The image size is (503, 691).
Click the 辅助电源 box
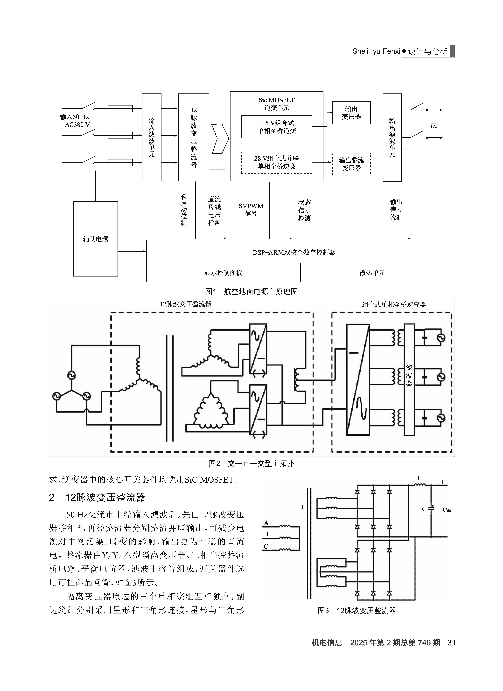coord(95,239)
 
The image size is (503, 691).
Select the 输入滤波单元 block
coord(152,137)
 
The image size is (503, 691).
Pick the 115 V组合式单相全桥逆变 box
coord(277,127)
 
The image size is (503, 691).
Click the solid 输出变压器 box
coord(351,113)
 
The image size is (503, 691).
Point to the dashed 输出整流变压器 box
coord(351,164)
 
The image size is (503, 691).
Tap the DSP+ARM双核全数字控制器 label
coord(294,252)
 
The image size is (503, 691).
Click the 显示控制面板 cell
coord(223,272)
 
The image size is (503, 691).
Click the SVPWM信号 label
coord(251,210)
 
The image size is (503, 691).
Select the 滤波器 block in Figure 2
coord(409,379)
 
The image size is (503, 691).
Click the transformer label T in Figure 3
coord(302,507)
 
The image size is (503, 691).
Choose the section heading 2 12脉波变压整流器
coord(97,498)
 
